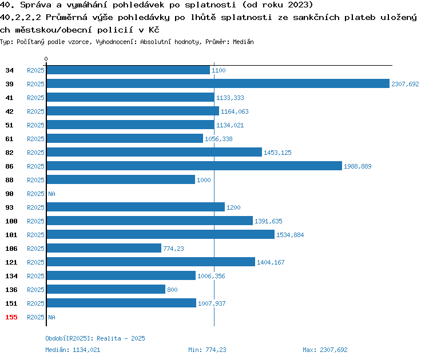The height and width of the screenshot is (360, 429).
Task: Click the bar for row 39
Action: (x=218, y=83)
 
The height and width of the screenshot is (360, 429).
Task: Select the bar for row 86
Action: (x=194, y=166)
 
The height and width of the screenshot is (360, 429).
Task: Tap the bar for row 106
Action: (x=104, y=248)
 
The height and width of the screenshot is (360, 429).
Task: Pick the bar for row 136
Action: (x=106, y=289)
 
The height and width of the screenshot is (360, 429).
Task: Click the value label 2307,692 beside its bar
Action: (x=405, y=84)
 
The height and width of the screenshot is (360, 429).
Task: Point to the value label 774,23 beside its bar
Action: (x=173, y=249)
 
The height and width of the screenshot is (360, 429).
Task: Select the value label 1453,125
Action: (x=277, y=153)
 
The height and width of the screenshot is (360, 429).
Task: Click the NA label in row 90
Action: (x=51, y=194)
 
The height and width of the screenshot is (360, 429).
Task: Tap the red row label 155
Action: (x=11, y=317)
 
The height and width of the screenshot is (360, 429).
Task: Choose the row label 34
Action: (x=9, y=70)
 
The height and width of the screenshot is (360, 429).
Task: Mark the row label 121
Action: (x=11, y=262)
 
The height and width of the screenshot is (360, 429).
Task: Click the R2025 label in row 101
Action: (x=35, y=235)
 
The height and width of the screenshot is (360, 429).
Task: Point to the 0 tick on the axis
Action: (x=46, y=59)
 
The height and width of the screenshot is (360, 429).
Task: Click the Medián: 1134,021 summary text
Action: (x=73, y=350)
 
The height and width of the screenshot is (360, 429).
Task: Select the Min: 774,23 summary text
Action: (x=207, y=350)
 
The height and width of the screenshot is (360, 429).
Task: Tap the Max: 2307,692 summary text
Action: (x=325, y=350)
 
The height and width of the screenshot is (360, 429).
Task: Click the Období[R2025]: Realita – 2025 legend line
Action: (x=95, y=338)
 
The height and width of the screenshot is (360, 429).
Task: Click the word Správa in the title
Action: (x=36, y=5)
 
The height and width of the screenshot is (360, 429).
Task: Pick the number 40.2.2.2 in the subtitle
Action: (x=20, y=17)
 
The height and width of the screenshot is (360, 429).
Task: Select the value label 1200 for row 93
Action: (x=233, y=207)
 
